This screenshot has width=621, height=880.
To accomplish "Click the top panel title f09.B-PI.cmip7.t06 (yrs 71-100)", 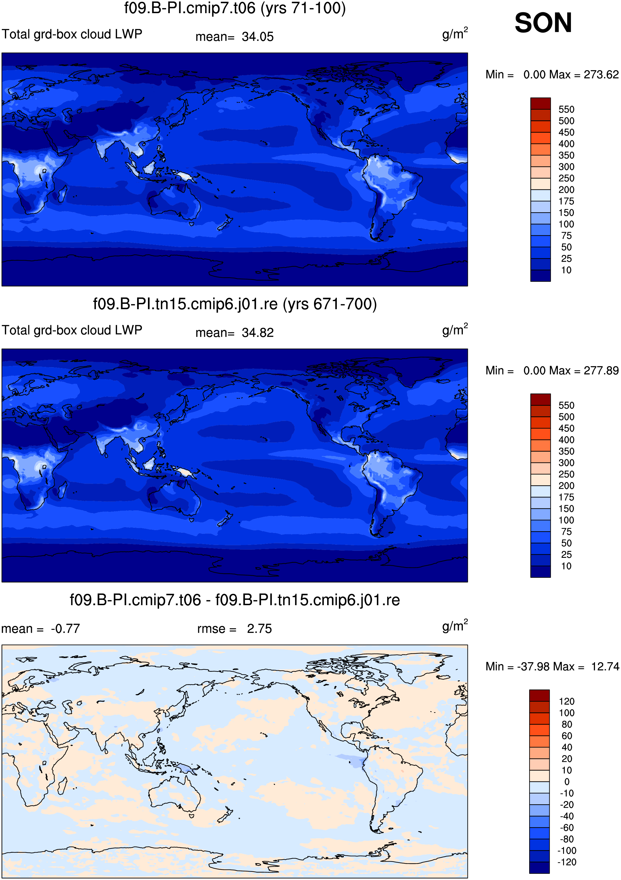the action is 234,8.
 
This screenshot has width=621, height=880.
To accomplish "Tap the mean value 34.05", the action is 258,37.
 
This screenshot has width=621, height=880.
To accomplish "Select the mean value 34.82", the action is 258,333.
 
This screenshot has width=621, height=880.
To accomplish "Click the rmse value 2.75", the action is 259,629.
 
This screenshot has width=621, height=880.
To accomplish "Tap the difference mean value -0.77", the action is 65,629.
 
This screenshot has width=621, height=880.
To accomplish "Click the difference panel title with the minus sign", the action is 234,600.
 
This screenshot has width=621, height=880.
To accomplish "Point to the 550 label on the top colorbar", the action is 566,109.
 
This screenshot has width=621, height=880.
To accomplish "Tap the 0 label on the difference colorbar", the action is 567,781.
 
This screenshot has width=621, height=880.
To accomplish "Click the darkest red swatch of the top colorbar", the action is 541,103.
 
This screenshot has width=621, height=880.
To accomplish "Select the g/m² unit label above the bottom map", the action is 455,626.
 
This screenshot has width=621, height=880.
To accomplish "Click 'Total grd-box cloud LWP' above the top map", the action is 72,34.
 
